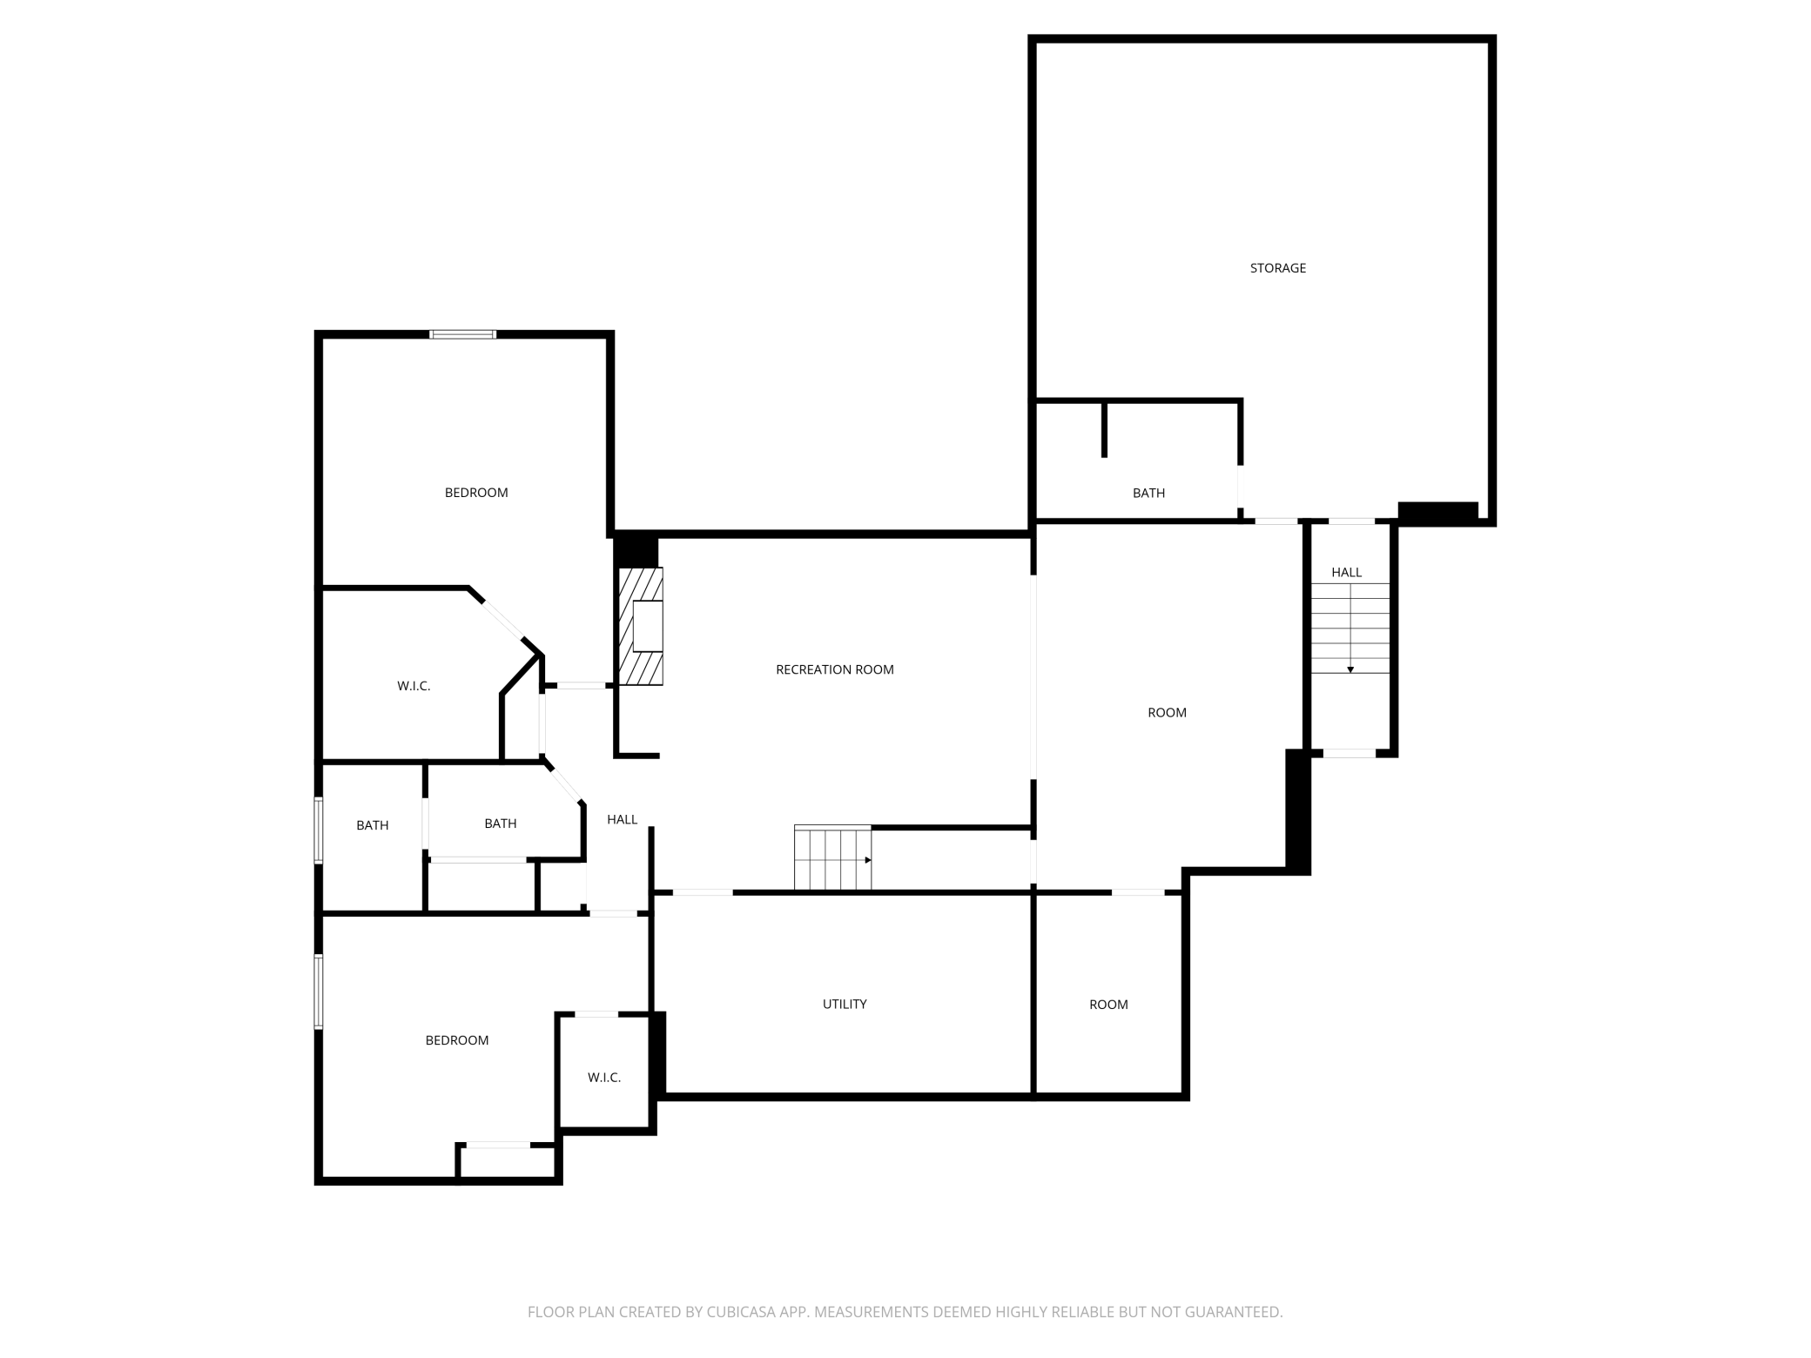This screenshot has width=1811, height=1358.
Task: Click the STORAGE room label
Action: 1277,268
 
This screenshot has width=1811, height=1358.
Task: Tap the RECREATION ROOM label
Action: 834,669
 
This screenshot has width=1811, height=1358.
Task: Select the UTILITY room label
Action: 844,1004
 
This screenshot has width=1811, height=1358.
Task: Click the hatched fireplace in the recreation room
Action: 640,626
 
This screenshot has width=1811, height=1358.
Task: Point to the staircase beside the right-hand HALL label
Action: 1350,628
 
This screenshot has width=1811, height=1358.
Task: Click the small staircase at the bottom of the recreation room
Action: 832,858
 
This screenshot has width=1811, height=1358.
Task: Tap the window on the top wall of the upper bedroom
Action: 463,334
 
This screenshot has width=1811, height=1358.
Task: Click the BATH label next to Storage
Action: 1148,493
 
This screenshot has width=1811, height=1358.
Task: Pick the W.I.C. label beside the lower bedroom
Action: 603,1078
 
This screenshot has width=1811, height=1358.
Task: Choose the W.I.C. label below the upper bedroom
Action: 414,686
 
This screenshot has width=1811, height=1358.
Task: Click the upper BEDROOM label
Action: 476,493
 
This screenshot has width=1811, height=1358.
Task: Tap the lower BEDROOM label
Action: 456,1040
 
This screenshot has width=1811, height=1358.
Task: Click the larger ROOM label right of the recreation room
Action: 1167,712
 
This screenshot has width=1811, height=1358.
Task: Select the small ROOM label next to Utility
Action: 1108,1005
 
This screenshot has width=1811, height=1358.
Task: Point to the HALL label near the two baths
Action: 622,819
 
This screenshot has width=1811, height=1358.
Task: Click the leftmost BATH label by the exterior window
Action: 372,825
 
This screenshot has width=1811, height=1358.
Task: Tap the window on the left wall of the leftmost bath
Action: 319,830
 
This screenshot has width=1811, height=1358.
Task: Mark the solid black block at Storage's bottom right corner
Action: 1437,513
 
